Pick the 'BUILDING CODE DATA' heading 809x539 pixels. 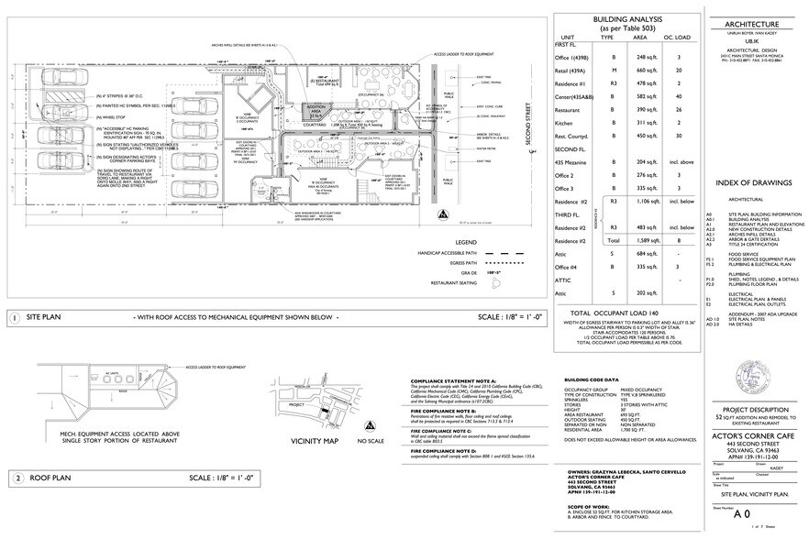592,379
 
